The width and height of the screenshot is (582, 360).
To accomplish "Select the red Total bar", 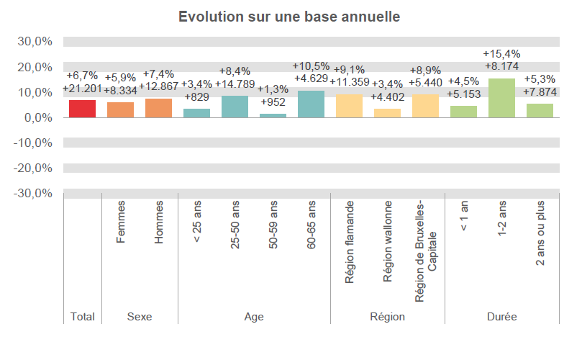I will click(82, 109).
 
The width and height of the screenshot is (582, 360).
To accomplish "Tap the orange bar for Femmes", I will click(120, 109).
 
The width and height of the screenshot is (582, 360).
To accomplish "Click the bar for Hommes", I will click(158, 108).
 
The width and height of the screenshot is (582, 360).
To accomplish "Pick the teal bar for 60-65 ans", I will click(311, 104).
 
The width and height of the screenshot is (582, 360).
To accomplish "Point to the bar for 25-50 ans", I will click(235, 107).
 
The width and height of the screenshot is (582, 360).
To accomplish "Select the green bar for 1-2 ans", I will click(501, 98).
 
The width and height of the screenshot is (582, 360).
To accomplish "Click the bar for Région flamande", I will click(349, 106).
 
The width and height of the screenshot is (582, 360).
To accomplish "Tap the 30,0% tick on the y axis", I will click(34, 42).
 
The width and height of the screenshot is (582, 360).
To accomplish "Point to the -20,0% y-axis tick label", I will click(32, 168).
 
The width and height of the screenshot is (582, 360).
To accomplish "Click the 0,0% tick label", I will click(36, 118).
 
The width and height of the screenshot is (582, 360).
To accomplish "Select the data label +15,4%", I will click(501, 54).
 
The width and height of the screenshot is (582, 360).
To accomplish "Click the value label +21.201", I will click(82, 89).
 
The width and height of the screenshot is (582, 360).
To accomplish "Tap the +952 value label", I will click(273, 102).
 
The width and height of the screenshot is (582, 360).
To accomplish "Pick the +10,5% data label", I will click(311, 66).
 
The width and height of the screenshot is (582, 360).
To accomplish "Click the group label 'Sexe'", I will click(139, 317).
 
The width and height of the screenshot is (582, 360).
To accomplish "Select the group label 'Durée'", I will click(501, 317).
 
